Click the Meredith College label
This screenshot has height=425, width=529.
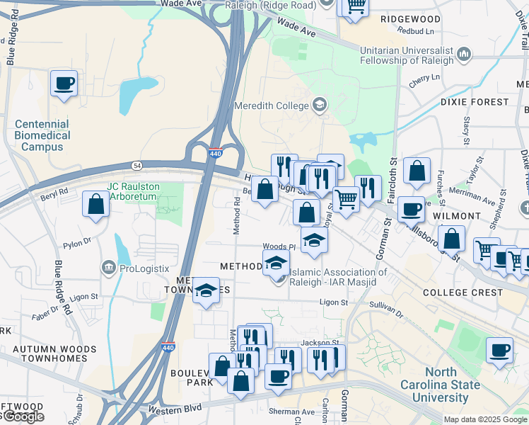pos(272,106)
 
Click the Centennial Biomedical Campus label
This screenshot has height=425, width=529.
pos(42,135)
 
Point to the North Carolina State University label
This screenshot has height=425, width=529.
pos(453,385)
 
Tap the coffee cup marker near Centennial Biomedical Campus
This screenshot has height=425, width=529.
pos(64,84)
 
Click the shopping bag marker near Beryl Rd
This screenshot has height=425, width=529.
pos(95,205)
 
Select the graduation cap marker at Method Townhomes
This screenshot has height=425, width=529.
pos(206,291)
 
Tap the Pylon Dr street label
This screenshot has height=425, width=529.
pos(78,242)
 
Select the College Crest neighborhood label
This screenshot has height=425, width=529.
pos(472,293)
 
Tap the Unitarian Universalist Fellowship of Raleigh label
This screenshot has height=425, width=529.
pos(409,55)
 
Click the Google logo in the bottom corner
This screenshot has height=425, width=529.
pos(23,417)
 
